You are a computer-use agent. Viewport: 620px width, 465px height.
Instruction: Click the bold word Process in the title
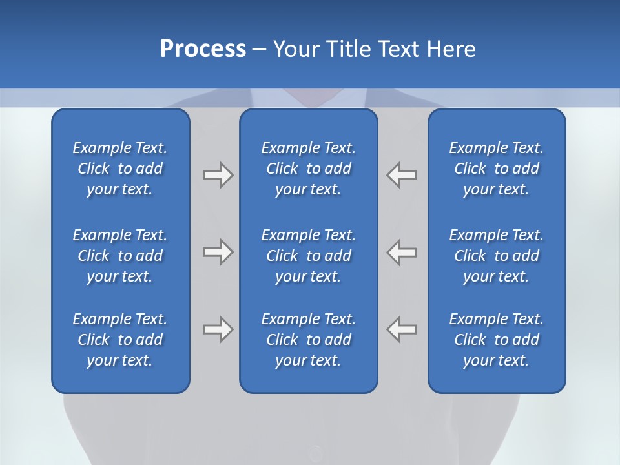[203, 49]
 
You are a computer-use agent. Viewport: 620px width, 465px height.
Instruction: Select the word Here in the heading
[451, 49]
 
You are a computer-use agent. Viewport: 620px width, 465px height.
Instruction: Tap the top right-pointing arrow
[218, 175]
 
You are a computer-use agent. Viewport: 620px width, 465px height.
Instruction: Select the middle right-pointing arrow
[218, 252]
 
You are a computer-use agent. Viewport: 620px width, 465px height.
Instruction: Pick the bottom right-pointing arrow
[218, 329]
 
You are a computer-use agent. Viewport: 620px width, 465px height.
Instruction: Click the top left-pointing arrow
[401, 175]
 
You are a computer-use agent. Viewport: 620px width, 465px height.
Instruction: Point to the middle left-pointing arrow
[401, 252]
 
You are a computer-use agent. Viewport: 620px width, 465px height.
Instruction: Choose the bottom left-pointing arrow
[401, 329]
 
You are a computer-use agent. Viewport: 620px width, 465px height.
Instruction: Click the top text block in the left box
[120, 169]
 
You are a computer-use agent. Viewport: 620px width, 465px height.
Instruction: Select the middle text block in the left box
[120, 256]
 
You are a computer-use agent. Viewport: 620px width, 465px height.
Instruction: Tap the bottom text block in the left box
[120, 340]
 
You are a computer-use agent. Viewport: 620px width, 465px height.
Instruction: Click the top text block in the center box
[308, 169]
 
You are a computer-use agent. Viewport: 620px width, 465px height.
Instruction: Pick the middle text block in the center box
[308, 256]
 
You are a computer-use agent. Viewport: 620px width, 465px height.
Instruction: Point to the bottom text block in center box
[308, 340]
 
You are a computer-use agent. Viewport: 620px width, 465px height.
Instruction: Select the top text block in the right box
[496, 169]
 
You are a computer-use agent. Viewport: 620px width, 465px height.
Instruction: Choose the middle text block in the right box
[496, 256]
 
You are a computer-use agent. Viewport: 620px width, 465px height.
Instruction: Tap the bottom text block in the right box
[496, 340]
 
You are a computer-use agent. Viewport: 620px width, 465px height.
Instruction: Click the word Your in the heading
[294, 49]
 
